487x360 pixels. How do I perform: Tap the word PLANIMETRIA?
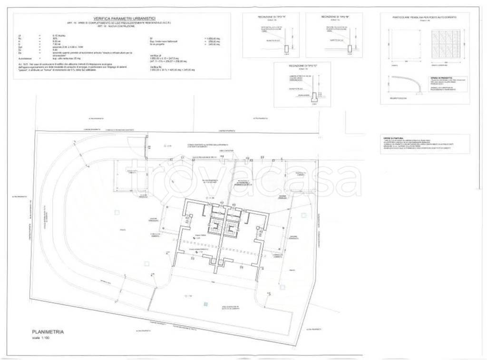click(x=48, y=332)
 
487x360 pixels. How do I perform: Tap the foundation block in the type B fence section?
click(x=350, y=49)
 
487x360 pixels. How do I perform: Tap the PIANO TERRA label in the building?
click(x=199, y=234)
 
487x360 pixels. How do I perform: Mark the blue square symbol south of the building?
click(x=205, y=303)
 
